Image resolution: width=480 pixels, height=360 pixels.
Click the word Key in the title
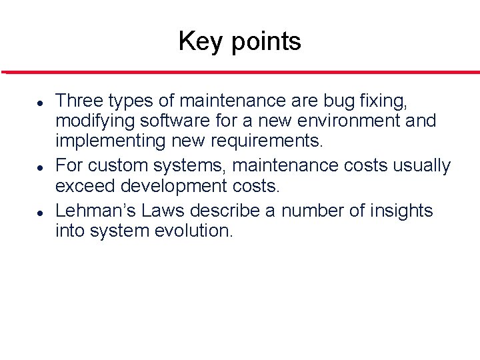197,41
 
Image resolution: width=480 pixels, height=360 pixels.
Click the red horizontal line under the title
240,72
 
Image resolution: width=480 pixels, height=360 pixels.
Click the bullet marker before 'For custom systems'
41,167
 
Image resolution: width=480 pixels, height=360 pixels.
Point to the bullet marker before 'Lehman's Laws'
41,213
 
